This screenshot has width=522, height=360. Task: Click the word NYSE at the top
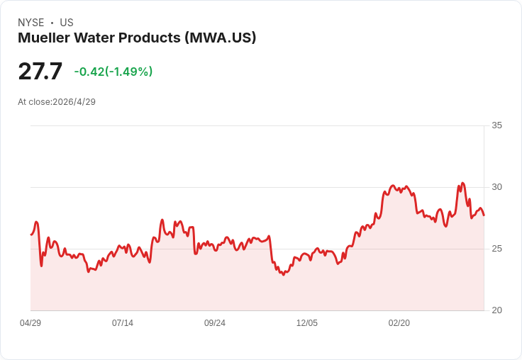[x=31, y=23]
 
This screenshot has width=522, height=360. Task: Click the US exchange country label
[x=67, y=23]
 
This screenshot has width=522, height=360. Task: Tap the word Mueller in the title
[x=44, y=38]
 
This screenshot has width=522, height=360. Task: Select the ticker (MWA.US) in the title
[x=221, y=38]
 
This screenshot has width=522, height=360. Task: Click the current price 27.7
[x=40, y=71]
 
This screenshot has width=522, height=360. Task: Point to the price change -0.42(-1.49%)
[x=113, y=72]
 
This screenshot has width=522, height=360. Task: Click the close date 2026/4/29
[x=74, y=102]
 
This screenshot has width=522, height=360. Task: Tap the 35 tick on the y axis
[x=496, y=125]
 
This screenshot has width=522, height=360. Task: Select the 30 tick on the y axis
[x=496, y=187]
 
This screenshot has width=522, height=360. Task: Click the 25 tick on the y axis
[x=496, y=249]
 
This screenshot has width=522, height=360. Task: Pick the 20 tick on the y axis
[x=496, y=310]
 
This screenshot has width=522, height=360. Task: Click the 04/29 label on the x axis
[x=30, y=323]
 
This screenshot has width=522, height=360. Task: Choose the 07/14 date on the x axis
[x=123, y=323]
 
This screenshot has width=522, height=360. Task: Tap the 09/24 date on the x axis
[x=215, y=323]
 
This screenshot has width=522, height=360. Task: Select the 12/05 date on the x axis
[x=307, y=323]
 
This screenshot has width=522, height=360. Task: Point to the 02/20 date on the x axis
[x=399, y=323]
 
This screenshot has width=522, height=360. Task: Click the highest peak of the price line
[x=462, y=183]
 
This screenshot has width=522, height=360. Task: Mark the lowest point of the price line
[x=283, y=275]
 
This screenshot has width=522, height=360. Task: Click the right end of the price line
[x=484, y=215]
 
